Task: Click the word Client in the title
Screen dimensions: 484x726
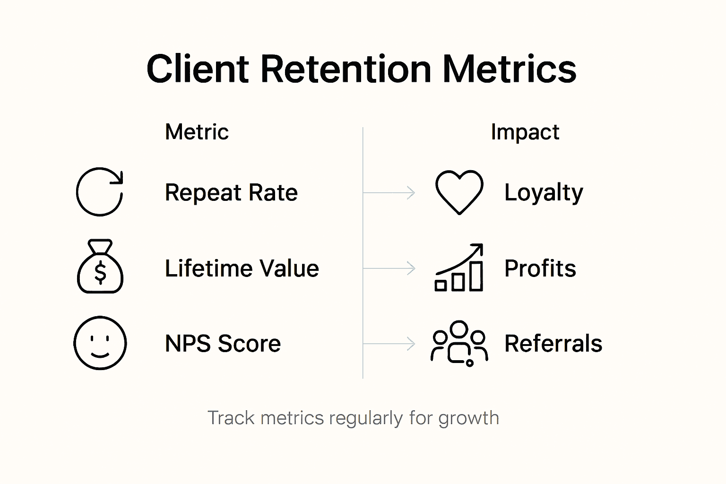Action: pyautogui.click(x=197, y=69)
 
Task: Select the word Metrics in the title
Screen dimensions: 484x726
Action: pyautogui.click(x=509, y=69)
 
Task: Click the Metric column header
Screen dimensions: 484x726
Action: pyautogui.click(x=197, y=132)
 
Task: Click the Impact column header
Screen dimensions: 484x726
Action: pyautogui.click(x=525, y=132)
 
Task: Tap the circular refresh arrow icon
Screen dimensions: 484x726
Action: pyautogui.click(x=100, y=192)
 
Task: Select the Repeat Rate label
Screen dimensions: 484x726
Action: pyautogui.click(x=231, y=193)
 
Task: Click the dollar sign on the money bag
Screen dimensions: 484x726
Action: pyautogui.click(x=100, y=273)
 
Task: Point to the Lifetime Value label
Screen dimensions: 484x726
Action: pyautogui.click(x=242, y=268)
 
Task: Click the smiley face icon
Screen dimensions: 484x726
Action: pyautogui.click(x=100, y=343)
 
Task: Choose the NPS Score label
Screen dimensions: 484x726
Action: pyautogui.click(x=223, y=344)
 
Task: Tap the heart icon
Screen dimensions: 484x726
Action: pyautogui.click(x=459, y=191)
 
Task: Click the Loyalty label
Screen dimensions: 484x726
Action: pyautogui.click(x=544, y=193)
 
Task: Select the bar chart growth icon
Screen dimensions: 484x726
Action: pyautogui.click(x=459, y=268)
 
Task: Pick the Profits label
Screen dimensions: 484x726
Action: pyautogui.click(x=540, y=268)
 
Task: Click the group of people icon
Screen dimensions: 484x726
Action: pyautogui.click(x=459, y=343)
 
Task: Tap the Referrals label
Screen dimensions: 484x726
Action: pyautogui.click(x=553, y=344)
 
